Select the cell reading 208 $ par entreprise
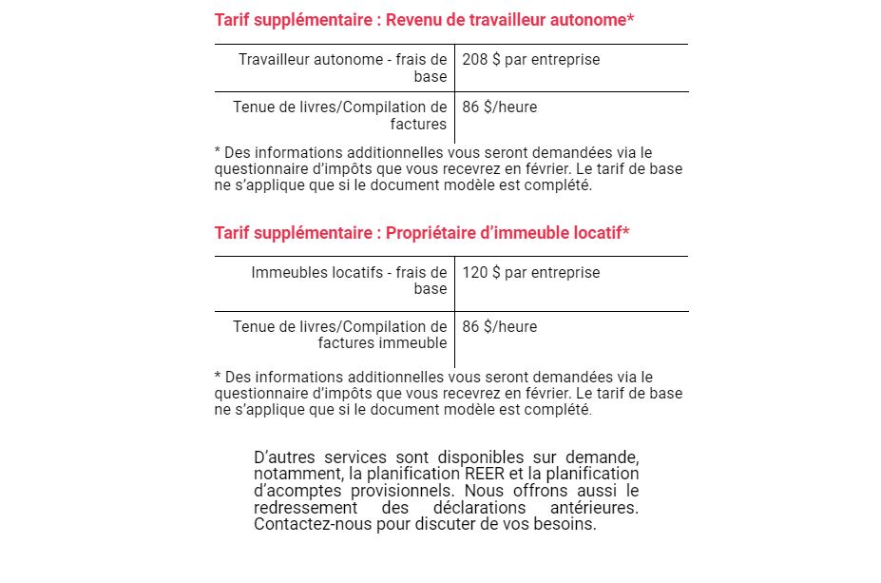coord(530,60)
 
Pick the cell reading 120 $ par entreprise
coord(530,273)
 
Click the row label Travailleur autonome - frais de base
coord(342,68)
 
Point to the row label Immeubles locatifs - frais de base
coord(349,281)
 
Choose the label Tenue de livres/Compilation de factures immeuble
coord(339,335)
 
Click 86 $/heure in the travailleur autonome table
coord(499,107)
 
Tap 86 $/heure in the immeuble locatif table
coord(499,327)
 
